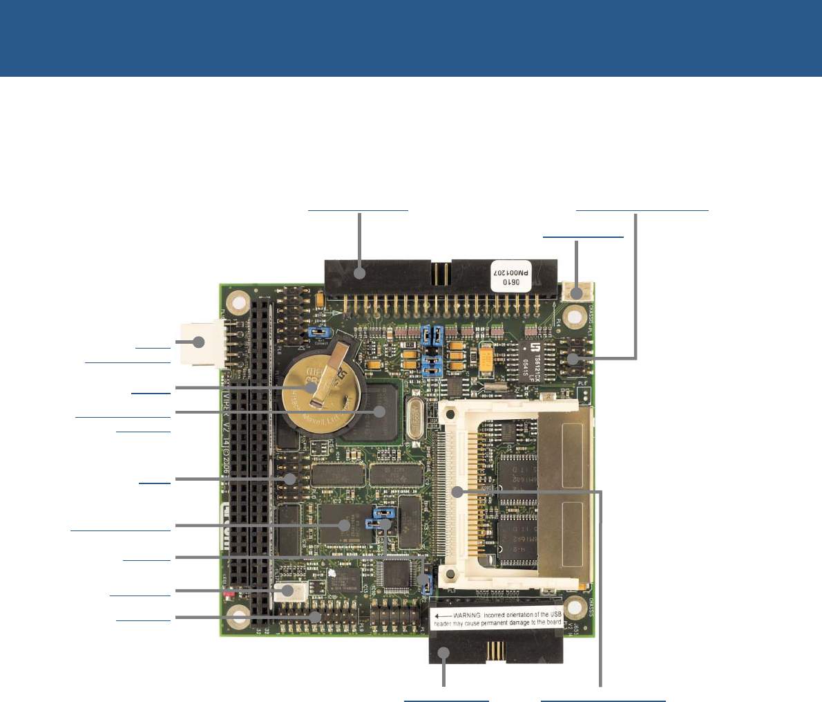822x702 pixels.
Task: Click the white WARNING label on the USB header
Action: click(x=497, y=618)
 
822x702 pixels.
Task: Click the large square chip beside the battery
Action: click(x=379, y=412)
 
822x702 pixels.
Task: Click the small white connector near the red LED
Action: click(x=290, y=591)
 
